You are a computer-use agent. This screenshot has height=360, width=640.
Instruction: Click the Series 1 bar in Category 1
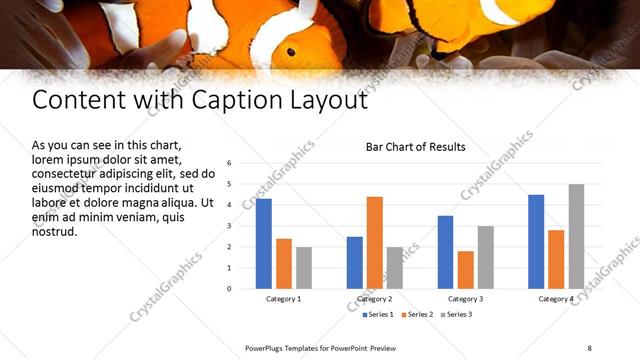[264, 243]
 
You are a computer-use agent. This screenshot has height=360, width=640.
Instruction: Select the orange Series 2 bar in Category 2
[375, 242]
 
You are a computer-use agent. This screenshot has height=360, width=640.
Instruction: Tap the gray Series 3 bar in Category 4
[576, 236]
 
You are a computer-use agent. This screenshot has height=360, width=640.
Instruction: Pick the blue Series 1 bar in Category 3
[445, 252]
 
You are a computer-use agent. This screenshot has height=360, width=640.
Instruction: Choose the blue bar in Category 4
[536, 241]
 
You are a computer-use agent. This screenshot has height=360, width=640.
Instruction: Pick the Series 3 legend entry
[456, 315]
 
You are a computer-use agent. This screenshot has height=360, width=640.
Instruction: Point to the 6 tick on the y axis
[230, 163]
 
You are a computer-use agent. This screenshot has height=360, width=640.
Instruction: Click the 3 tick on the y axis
[230, 226]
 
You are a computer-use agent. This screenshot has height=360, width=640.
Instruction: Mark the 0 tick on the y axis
[230, 289]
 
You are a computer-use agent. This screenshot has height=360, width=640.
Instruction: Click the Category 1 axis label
[284, 299]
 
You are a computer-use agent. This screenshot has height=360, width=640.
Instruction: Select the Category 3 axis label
[466, 299]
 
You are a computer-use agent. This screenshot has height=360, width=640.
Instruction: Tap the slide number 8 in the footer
[589, 347]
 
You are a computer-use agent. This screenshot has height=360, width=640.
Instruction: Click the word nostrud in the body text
[54, 232]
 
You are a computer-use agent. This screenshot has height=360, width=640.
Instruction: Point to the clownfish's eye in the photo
[290, 51]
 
